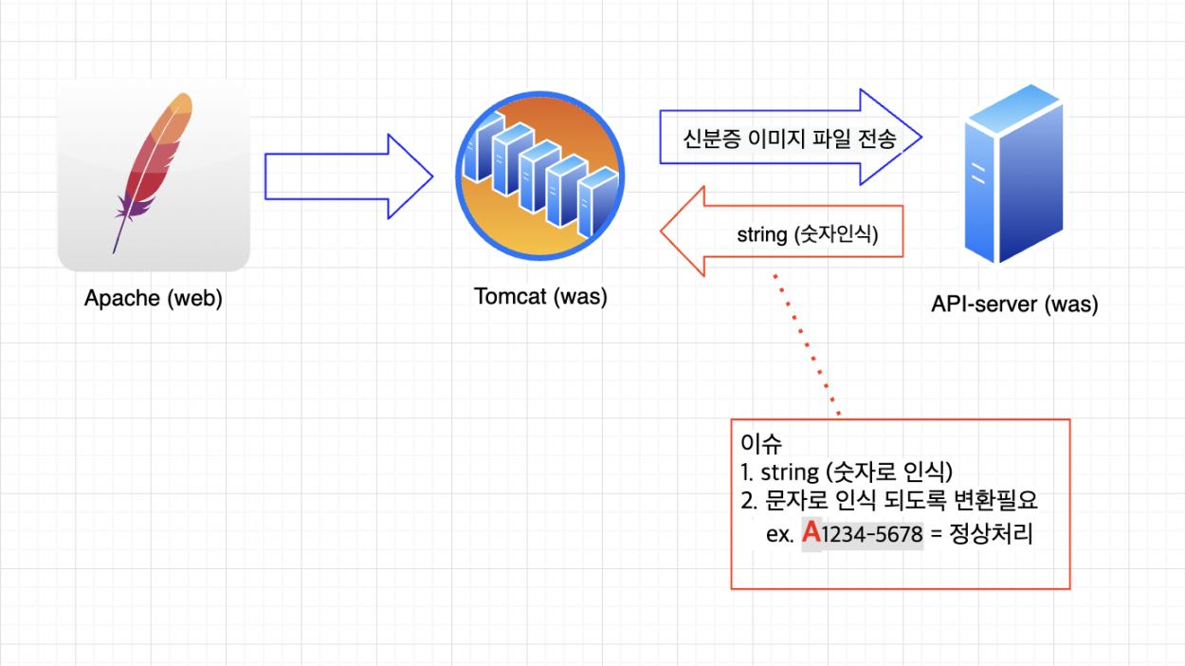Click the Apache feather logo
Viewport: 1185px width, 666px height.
tap(154, 175)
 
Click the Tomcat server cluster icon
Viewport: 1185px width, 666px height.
tap(539, 176)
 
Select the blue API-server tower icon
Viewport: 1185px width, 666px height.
tap(1014, 174)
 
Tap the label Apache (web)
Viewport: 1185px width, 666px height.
tap(154, 298)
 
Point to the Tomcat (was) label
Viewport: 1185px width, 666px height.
tap(540, 296)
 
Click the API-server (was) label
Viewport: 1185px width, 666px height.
tap(1014, 304)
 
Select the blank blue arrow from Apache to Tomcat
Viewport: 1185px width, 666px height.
tap(349, 176)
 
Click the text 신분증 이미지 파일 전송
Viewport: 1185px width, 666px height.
tap(790, 139)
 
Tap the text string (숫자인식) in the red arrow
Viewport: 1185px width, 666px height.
tap(808, 234)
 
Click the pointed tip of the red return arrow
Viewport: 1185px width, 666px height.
tap(662, 231)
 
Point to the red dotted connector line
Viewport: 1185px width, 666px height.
tap(807, 344)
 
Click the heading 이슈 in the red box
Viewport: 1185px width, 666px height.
tap(760, 444)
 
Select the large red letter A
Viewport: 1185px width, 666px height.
tap(811, 532)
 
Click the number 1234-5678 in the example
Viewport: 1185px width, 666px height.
tap(872, 534)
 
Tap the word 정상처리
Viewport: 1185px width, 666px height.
tap(991, 533)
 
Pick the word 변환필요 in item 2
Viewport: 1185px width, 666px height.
tap(996, 500)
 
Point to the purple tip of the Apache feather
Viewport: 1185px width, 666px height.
tap(114, 250)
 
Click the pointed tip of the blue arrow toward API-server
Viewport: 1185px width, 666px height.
tap(921, 138)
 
